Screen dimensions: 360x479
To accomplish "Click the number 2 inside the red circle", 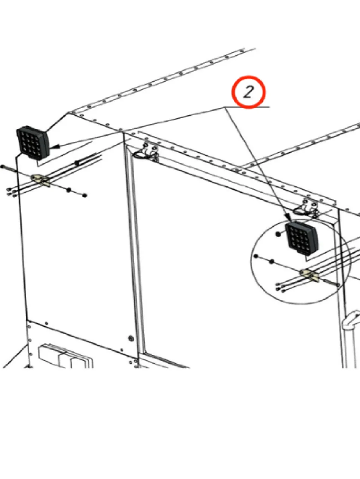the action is pos(248,92).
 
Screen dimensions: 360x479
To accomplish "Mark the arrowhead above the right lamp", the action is pos(289,218).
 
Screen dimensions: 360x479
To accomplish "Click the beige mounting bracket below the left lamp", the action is pos(41,180).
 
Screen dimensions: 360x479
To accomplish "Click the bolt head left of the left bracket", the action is pos(2,167).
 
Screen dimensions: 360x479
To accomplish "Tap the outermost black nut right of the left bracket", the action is pos(84,195).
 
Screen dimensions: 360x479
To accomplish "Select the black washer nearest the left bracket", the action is pos(69,190).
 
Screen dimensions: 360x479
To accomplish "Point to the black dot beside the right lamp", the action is pos(278,234).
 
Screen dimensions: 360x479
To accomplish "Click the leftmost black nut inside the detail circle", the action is pos(256,256).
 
